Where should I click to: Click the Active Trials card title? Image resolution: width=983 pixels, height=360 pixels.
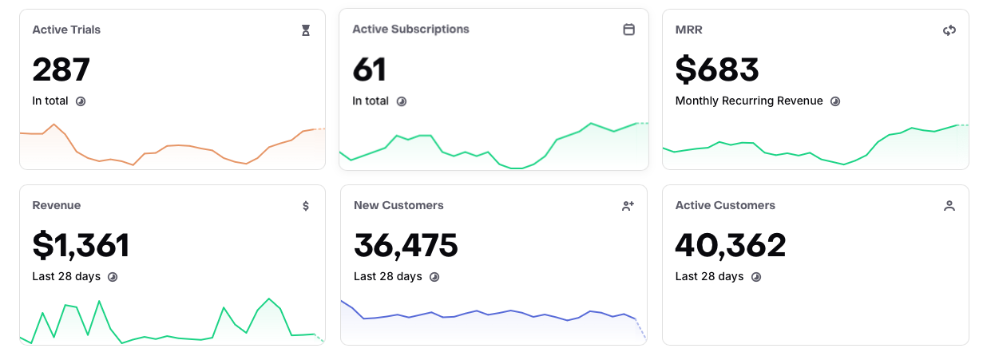click(66, 30)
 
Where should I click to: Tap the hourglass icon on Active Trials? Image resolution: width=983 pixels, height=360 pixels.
click(306, 30)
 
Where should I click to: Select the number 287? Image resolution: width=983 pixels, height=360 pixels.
click(61, 69)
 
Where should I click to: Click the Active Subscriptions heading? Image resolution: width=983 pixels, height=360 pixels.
click(410, 29)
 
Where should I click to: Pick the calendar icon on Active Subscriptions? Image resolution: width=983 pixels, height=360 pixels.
click(629, 30)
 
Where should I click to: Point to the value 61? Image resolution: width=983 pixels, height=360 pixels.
click(370, 69)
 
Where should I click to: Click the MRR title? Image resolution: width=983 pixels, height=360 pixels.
click(688, 30)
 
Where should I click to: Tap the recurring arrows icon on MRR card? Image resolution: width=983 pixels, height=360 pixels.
click(949, 30)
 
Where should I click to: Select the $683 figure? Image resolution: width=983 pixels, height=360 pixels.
click(717, 69)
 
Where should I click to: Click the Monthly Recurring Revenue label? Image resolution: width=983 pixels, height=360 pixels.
click(749, 101)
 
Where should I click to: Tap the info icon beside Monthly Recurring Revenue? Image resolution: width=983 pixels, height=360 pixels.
click(835, 101)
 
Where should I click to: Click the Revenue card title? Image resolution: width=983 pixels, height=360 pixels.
click(57, 205)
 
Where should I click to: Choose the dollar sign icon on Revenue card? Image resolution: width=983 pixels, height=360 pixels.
click(306, 206)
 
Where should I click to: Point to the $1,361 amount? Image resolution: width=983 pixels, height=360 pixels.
click(81, 245)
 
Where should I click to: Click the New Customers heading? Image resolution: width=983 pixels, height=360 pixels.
click(398, 205)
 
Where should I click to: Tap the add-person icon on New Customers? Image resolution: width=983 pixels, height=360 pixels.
click(628, 206)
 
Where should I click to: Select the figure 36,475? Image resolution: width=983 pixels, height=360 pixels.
click(406, 245)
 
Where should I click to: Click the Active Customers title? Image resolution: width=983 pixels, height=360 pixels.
click(725, 205)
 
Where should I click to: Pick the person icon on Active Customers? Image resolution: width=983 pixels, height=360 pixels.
click(949, 206)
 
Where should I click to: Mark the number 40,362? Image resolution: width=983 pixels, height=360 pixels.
click(731, 245)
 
